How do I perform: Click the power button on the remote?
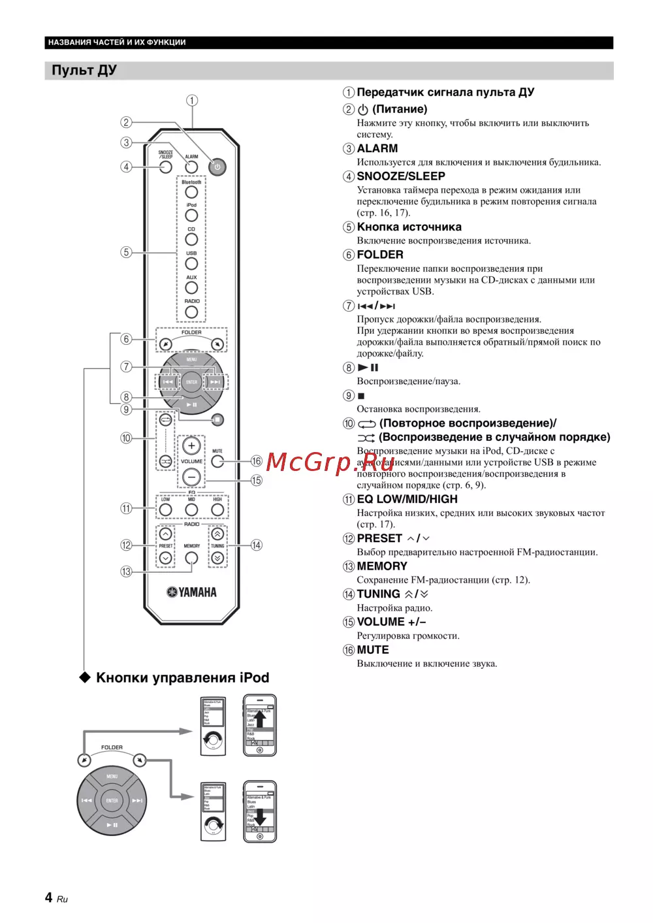[217, 167]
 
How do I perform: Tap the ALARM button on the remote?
[191, 167]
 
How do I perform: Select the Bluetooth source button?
[191, 192]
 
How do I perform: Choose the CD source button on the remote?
[191, 240]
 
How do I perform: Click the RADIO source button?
[191, 312]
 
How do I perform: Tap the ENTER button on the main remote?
[191, 382]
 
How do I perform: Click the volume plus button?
[191, 446]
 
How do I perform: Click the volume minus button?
[191, 477]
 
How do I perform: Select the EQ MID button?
[191, 510]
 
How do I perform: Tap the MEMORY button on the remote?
[191, 558]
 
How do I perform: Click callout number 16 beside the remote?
[257, 461]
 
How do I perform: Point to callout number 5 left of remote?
[126, 252]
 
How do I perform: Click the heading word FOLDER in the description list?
[380, 255]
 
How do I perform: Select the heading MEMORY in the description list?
[382, 566]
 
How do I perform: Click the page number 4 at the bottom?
[49, 898]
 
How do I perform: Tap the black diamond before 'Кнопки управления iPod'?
[85, 677]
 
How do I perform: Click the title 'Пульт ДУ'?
[84, 71]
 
